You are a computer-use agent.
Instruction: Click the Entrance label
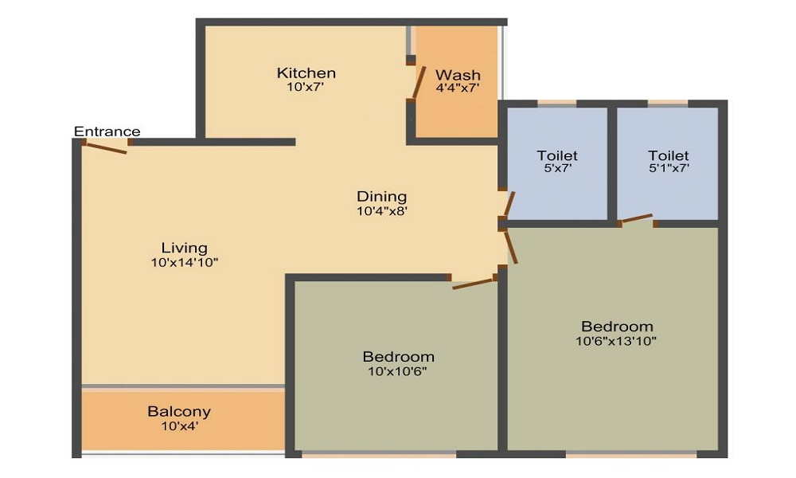[107, 131]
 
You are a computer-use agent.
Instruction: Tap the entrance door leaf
[107, 147]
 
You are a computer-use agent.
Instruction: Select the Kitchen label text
[306, 73]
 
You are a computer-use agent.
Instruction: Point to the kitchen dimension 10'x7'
[306, 88]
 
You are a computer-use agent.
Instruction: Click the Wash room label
[458, 76]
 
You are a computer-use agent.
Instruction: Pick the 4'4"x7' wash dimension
[457, 89]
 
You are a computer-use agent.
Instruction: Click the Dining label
[381, 196]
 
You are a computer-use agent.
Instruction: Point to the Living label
[184, 248]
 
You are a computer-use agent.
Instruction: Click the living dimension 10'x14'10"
[184, 262]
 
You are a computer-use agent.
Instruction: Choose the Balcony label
[179, 412]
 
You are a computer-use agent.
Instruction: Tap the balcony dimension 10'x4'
[179, 426]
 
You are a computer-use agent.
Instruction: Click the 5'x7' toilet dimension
[556, 169]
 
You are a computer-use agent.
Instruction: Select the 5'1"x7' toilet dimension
[668, 169]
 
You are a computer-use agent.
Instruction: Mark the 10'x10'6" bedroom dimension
[398, 371]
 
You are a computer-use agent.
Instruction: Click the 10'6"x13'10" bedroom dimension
[617, 341]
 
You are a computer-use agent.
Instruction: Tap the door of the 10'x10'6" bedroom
[473, 283]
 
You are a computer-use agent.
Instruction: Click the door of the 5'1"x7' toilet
[637, 217]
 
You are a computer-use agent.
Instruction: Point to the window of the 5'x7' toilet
[556, 103]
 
